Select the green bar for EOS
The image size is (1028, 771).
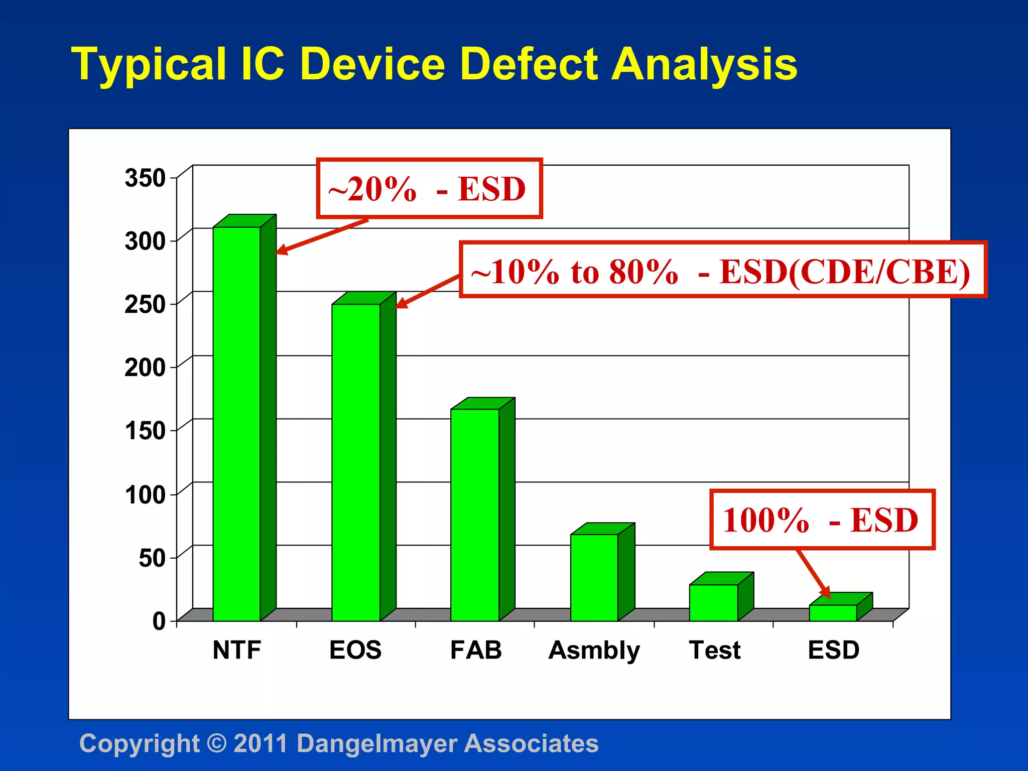coord(355,462)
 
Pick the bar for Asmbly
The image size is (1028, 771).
coord(594,577)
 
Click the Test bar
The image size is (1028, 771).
coord(713,602)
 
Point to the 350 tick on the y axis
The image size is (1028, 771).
coord(145,178)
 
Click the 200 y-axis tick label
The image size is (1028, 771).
coord(145,367)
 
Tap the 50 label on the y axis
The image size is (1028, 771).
coord(152,558)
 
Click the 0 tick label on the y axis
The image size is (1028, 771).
coord(159,621)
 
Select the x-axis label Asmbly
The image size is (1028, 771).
coord(594,651)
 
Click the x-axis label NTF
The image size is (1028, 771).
coord(236,650)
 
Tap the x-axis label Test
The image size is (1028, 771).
coord(714,650)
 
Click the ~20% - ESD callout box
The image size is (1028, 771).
coord(429,189)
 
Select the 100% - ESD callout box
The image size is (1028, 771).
coord(822,520)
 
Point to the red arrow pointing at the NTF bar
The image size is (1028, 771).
coord(321,236)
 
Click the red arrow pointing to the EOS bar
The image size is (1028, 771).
coord(427,291)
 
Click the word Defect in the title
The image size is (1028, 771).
coord(529,64)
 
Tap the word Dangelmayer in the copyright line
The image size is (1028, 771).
coord(376,743)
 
